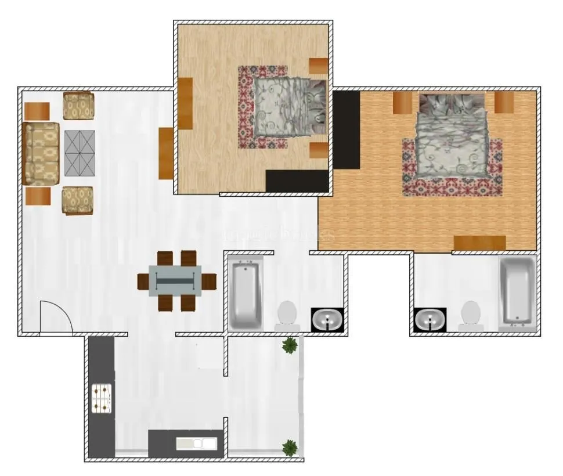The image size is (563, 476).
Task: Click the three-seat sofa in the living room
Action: coord(42,154)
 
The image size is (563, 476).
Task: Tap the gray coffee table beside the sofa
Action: coord(80,153)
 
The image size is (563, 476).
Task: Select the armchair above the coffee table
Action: coord(78,106)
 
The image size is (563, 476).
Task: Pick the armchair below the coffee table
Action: coord(78,200)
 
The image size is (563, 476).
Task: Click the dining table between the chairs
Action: coord(175,280)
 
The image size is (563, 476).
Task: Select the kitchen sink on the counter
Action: coord(197,443)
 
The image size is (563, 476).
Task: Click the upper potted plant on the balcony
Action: coord(290,345)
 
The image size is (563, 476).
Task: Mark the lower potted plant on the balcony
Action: coord(290,448)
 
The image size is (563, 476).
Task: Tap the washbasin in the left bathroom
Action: coord(327,320)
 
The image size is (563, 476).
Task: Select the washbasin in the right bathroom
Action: coord(430,320)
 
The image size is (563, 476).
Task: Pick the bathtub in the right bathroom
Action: coord(517,290)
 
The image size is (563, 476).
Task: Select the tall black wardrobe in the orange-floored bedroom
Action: coord(346,129)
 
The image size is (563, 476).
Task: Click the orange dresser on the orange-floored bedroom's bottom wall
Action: coord(479,243)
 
